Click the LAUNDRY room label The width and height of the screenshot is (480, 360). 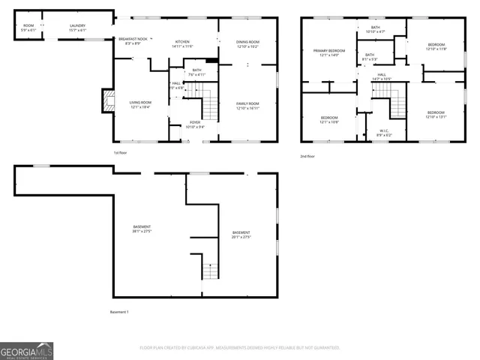tap(77, 26)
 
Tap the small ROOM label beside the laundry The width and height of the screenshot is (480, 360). tap(28, 26)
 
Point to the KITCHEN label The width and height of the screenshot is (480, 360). tap(183, 43)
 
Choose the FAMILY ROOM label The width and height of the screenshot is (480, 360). tap(247, 105)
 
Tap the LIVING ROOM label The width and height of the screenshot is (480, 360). tap(140, 104)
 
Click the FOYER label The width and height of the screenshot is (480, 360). tap(194, 124)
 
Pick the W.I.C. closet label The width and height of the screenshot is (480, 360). tap(383, 132)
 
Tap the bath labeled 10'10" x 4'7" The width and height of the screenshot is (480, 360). tap(375, 29)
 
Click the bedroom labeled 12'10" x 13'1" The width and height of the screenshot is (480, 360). tap(436, 114)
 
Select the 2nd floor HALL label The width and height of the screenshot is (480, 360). tap(381, 76)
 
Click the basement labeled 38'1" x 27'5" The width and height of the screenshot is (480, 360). tap(142, 229)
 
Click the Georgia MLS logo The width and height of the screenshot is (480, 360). tap(27, 350)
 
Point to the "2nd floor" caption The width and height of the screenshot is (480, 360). tap(307, 156)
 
